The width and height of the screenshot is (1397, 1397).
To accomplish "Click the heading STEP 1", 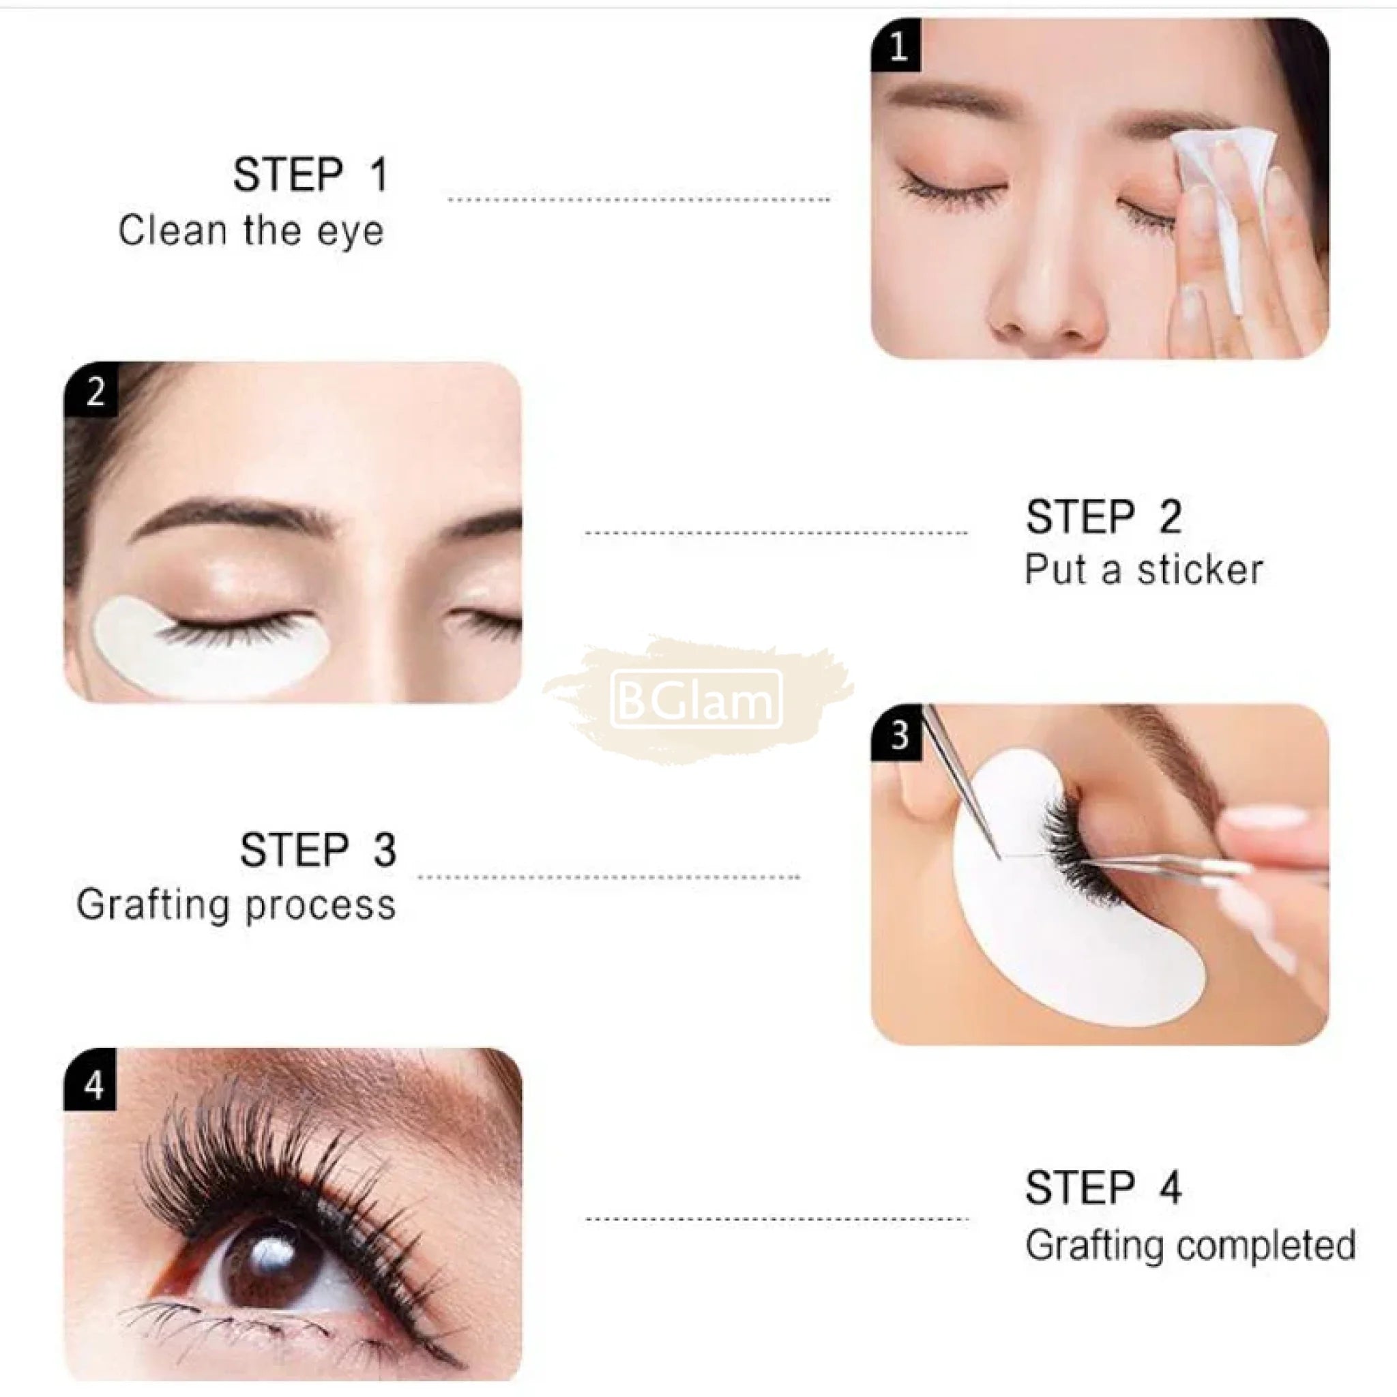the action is click(x=311, y=175).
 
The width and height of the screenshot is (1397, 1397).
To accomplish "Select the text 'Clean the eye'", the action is click(x=251, y=231).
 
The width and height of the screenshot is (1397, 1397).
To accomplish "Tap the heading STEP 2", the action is click(x=1104, y=517).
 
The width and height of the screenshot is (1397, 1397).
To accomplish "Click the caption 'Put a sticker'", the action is click(x=1143, y=570).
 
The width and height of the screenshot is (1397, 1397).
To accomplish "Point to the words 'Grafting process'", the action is click(x=236, y=905).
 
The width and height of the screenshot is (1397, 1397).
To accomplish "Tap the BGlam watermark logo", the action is click(x=697, y=698).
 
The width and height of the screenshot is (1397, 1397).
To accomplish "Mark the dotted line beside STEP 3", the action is click(x=609, y=877).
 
